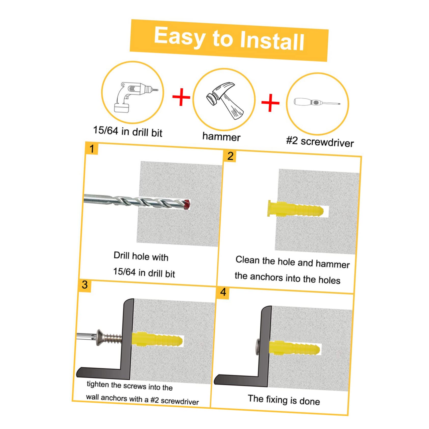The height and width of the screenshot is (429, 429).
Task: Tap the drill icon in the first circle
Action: tap(134, 96)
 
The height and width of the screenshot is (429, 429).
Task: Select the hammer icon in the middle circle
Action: tap(224, 100)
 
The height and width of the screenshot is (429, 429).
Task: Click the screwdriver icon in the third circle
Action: tap(317, 102)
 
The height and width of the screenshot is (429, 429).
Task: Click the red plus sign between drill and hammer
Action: tap(181, 97)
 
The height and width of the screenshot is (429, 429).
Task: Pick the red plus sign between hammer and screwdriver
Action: tap(270, 103)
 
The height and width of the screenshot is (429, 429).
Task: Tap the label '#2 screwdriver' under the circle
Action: tap(320, 142)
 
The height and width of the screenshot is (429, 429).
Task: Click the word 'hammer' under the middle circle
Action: tap(221, 137)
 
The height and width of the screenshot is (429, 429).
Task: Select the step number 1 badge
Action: tap(92, 149)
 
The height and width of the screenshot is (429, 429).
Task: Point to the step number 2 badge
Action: tap(230, 156)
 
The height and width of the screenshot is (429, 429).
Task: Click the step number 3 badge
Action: tap(85, 285)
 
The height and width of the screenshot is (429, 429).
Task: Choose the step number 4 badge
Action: tap(223, 292)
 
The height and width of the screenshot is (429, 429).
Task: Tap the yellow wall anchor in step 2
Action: tap(295, 209)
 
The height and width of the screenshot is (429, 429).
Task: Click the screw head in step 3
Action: tap(100, 337)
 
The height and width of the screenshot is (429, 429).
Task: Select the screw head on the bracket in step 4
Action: tap(257, 347)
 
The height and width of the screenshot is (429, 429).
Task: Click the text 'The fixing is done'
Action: tap(284, 400)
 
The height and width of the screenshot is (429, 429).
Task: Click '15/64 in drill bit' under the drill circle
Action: tap(128, 132)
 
